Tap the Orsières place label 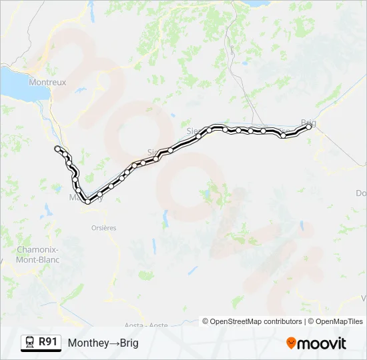(103, 227)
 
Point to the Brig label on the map (308, 123)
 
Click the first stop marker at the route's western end (57, 148)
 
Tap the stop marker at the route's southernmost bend (87, 201)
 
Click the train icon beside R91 (30, 343)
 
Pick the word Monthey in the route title (87, 343)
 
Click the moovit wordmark (322, 343)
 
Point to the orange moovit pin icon (291, 343)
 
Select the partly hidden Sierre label (194, 130)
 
